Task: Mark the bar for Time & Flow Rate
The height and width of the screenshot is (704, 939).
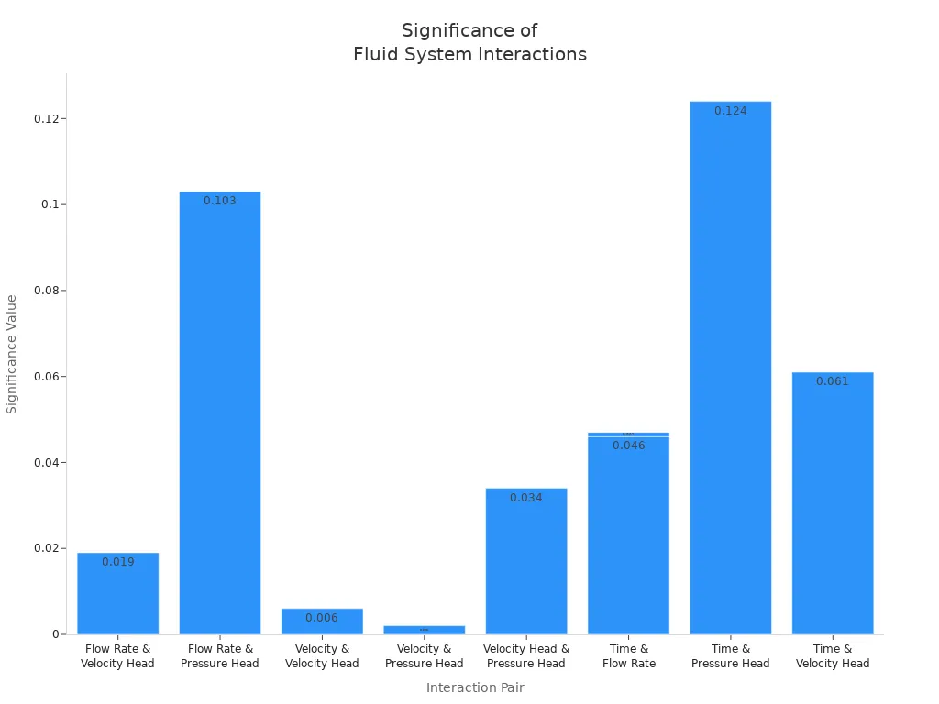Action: coord(629,541)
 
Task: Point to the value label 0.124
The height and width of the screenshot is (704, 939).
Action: coord(731,111)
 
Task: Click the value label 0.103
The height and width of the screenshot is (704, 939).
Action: coord(220,201)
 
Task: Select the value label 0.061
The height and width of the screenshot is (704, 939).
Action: coord(833,381)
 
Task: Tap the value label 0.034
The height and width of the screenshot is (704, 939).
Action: coord(526,498)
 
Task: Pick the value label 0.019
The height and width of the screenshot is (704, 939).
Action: coord(117,562)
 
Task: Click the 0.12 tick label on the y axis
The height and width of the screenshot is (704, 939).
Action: coord(46,119)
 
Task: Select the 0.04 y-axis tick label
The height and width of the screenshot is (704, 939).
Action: coord(46,463)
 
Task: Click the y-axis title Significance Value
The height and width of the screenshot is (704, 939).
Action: coord(12,354)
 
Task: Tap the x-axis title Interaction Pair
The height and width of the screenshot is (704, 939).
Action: coord(475,687)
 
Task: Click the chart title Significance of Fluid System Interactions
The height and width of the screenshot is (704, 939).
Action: coord(469,42)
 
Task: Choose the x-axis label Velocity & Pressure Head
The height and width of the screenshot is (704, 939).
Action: coord(424,656)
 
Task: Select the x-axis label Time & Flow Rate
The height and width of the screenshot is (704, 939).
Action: coord(629,656)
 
